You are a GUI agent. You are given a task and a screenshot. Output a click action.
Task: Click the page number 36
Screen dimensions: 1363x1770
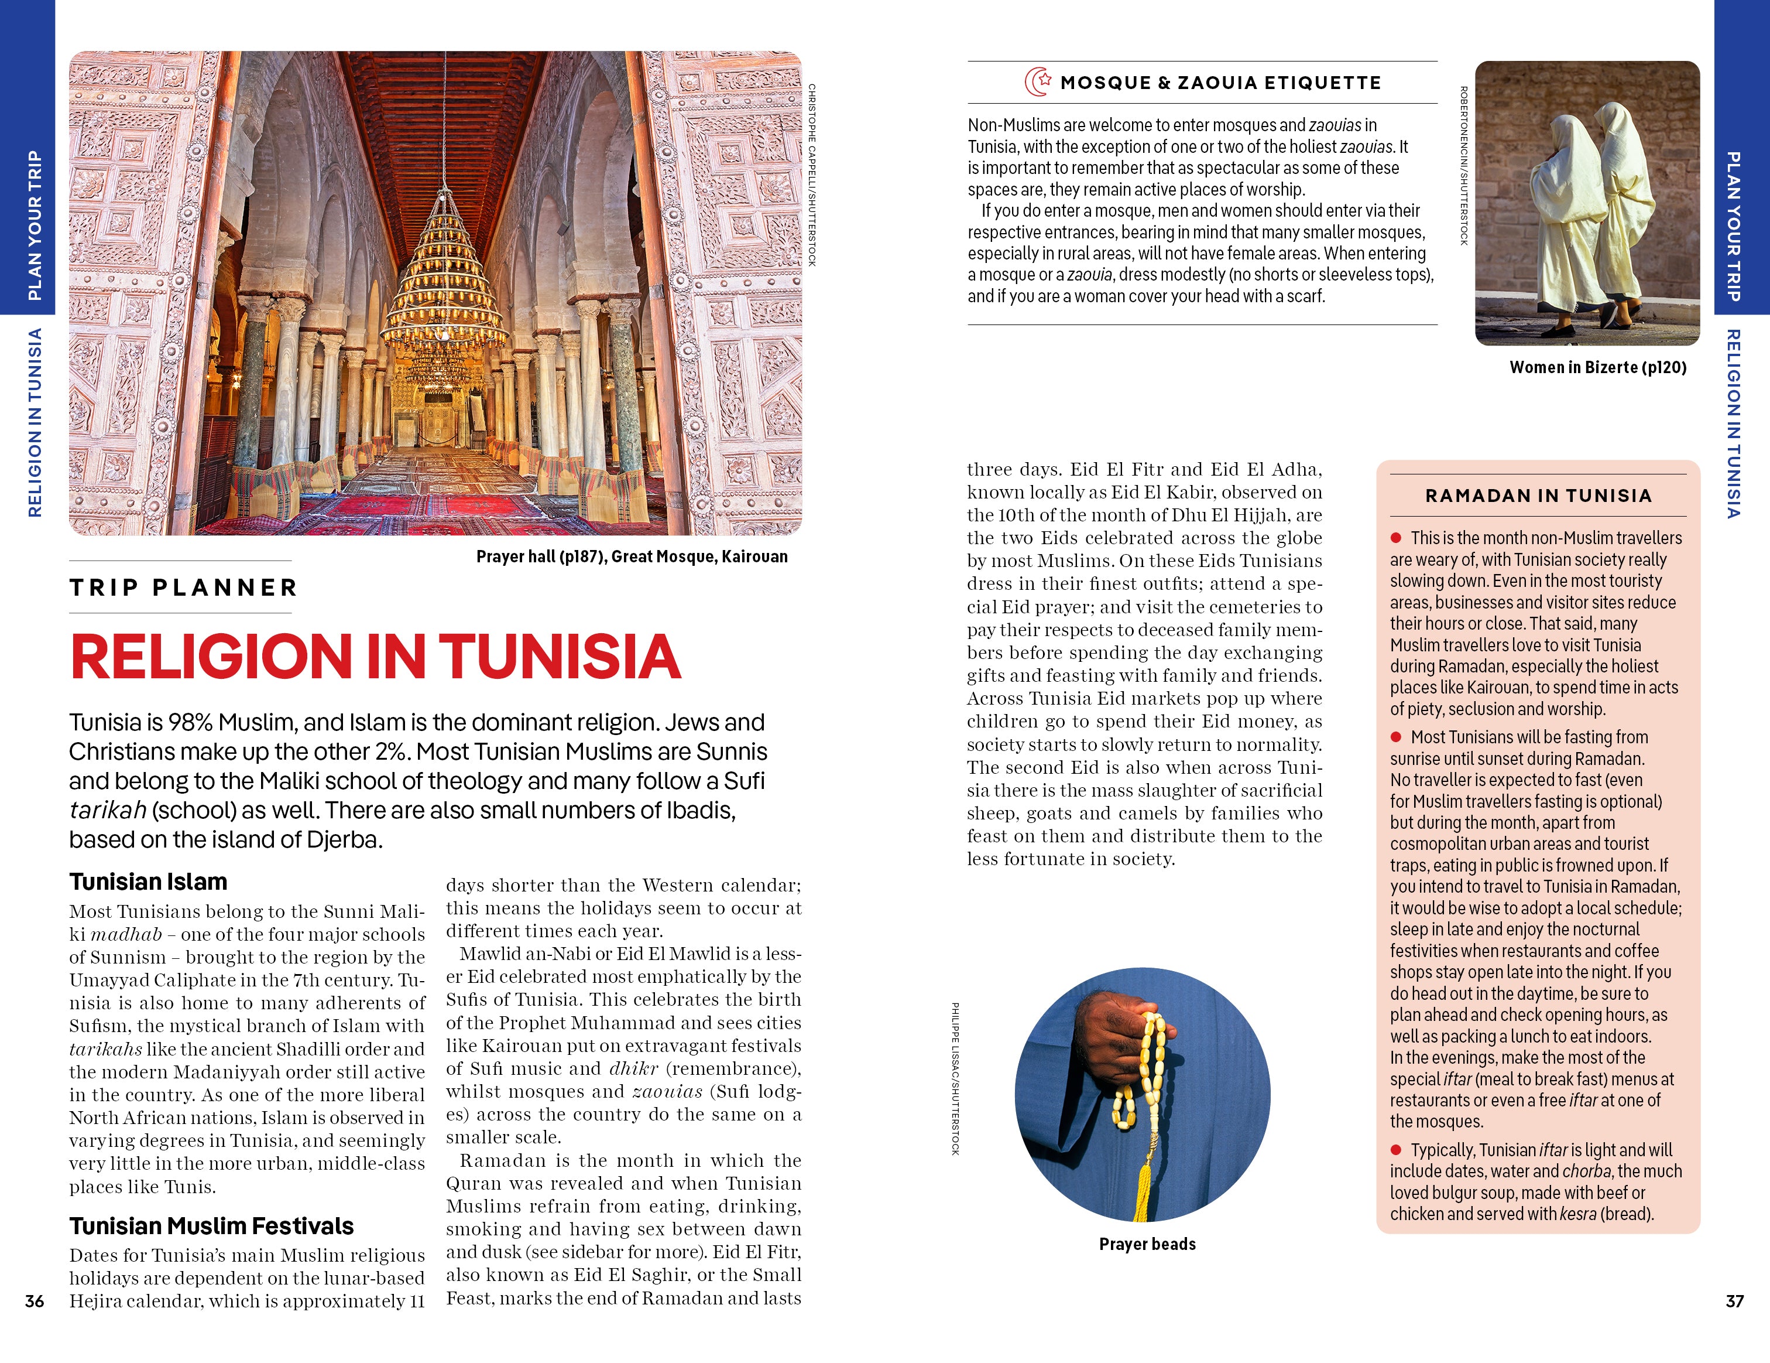(x=34, y=1300)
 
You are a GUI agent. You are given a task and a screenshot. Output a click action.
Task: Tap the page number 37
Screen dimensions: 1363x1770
(x=1734, y=1300)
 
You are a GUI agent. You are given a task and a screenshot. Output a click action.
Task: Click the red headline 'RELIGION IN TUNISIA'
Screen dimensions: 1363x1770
(x=375, y=656)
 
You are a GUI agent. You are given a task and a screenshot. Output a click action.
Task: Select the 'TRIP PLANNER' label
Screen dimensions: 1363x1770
(x=183, y=587)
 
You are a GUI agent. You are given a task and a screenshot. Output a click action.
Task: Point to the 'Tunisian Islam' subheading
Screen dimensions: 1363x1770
(x=147, y=882)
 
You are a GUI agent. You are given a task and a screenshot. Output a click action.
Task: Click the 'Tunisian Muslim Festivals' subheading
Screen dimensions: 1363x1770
(x=211, y=1225)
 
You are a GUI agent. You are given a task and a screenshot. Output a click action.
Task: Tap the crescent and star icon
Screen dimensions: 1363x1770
(x=1037, y=82)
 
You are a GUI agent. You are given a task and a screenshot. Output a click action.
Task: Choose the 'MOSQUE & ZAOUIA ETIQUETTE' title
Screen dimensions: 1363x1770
(x=1220, y=83)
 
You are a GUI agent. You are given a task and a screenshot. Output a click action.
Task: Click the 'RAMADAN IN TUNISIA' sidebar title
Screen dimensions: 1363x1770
(x=1538, y=496)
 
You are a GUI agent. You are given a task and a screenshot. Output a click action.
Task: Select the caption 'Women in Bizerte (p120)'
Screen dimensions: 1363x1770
(x=1597, y=367)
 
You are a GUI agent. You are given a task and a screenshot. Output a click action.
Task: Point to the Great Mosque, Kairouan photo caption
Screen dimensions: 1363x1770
(x=632, y=556)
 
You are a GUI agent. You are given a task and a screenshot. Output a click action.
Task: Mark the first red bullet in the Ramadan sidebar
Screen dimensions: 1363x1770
(x=1395, y=538)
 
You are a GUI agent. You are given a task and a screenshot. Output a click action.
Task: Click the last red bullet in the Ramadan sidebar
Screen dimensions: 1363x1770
(x=1395, y=1150)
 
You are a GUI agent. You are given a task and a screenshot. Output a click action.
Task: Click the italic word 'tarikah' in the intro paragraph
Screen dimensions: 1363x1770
(x=107, y=810)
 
